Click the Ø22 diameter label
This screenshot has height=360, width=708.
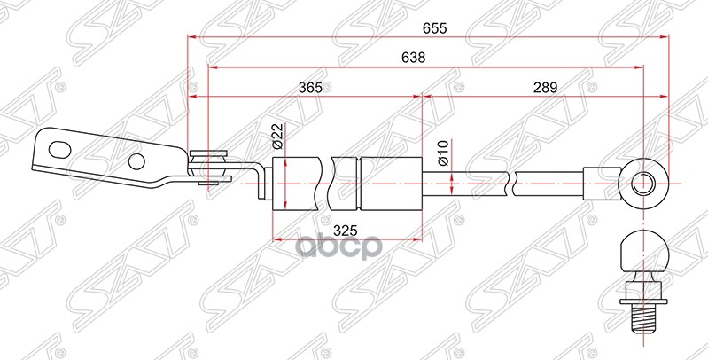click(x=276, y=136)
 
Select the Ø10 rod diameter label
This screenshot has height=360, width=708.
click(x=440, y=155)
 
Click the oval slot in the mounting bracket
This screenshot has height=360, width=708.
click(x=59, y=147)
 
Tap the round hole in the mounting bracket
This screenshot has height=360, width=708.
click(x=136, y=161)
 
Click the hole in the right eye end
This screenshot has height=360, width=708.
click(x=645, y=184)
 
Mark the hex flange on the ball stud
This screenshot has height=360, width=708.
click(x=645, y=290)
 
